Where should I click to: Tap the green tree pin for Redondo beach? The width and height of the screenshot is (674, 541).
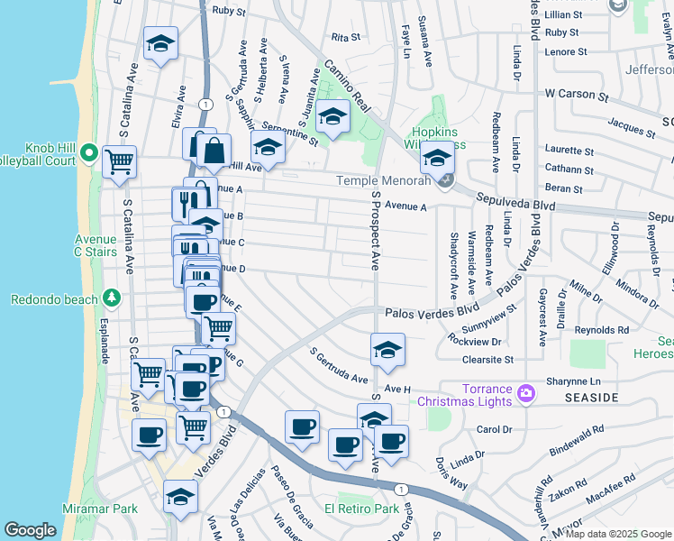(112, 297)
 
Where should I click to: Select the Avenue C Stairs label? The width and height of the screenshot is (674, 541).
(96, 245)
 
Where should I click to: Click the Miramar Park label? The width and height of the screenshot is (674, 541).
(100, 509)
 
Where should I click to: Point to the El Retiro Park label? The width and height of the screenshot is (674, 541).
(368, 509)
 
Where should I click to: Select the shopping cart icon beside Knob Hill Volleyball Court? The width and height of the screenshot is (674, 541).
(119, 163)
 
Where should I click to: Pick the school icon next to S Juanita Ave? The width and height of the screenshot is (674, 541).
(332, 116)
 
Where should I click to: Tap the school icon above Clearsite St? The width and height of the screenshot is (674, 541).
(387, 349)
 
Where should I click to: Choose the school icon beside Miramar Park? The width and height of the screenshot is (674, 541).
(180, 496)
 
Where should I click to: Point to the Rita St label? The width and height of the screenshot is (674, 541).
(345, 38)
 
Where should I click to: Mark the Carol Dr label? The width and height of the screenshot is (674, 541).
(493, 429)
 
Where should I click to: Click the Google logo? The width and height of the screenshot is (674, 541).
(30, 530)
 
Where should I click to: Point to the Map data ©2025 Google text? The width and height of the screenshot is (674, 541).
(618, 534)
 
